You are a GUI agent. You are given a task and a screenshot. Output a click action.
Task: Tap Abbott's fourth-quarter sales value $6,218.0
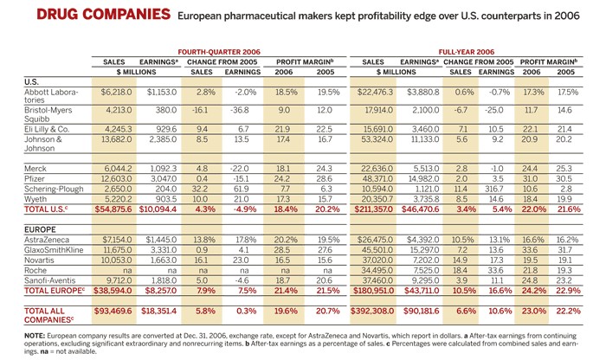115,91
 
